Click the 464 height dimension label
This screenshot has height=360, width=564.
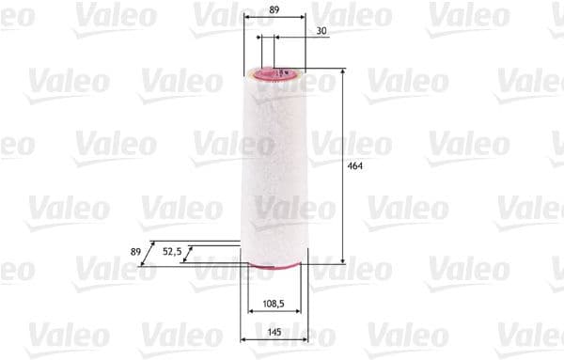point(355,165)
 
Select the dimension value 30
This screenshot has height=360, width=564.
point(321,31)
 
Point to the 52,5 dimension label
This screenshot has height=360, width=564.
point(171,251)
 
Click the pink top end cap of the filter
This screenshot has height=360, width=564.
point(279,71)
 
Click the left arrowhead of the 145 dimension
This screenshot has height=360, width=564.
point(243,340)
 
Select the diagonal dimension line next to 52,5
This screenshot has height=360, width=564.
point(191,253)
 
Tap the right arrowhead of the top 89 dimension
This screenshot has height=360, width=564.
point(303,19)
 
